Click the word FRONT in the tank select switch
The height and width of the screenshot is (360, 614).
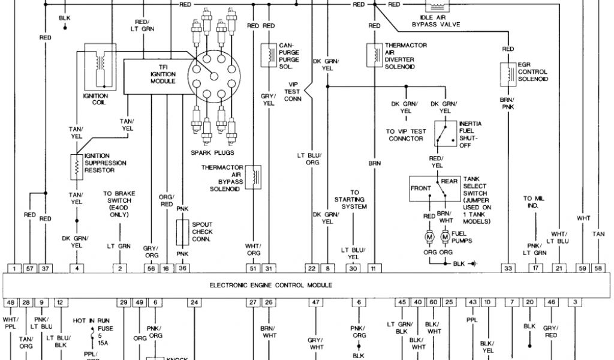point(421,188)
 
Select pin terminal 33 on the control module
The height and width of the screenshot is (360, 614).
point(508,268)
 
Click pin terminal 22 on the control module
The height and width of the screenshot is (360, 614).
point(312,268)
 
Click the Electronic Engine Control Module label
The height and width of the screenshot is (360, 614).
point(271,286)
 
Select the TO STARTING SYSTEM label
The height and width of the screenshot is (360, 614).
point(354,200)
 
